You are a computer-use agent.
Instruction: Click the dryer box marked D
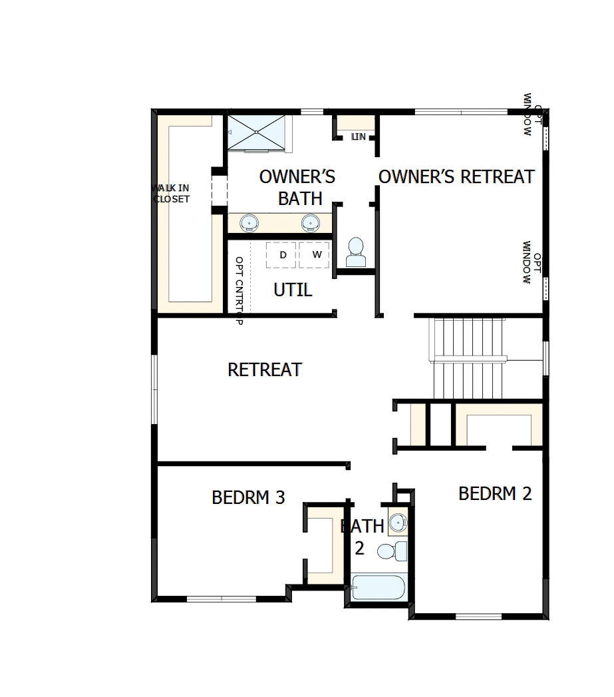click(x=282, y=255)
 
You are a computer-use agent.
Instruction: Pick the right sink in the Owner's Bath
click(x=311, y=222)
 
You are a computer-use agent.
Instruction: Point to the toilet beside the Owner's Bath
click(x=356, y=252)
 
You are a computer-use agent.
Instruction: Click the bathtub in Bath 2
click(x=377, y=588)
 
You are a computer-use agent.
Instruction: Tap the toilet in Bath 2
click(x=392, y=551)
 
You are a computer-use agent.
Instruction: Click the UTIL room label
click(x=293, y=290)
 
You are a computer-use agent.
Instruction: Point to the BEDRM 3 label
click(x=248, y=497)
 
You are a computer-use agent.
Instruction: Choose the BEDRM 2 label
click(x=495, y=494)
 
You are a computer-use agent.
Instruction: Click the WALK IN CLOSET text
click(x=171, y=193)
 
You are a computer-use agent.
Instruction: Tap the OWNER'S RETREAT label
click(x=456, y=176)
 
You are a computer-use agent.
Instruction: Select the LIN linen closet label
click(x=359, y=136)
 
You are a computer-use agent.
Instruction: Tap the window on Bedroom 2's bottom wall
click(x=478, y=616)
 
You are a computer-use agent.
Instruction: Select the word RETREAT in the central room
click(x=265, y=369)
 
